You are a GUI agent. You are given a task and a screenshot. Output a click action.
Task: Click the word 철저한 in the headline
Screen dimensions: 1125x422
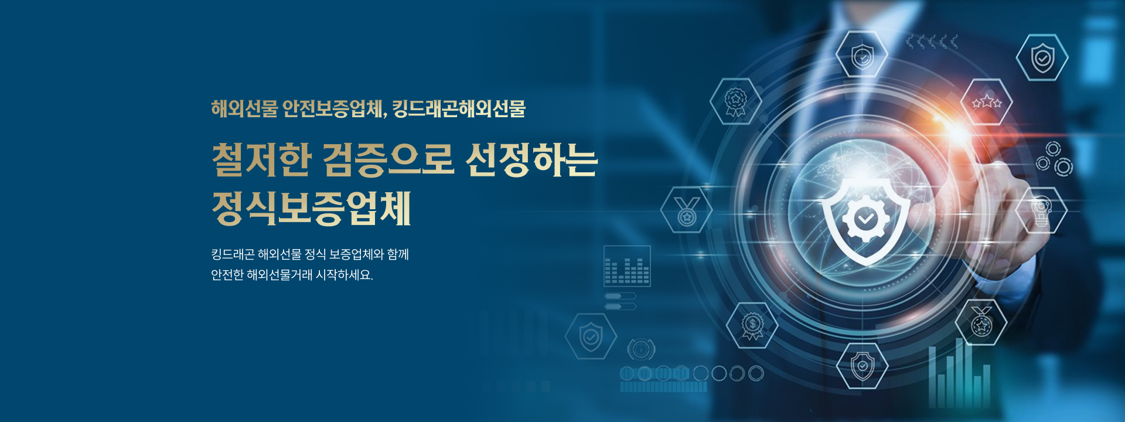click(x=261, y=159)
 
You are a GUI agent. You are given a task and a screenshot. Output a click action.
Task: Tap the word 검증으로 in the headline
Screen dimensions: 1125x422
click(x=388, y=159)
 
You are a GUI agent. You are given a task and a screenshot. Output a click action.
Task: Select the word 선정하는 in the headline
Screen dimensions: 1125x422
click(x=531, y=159)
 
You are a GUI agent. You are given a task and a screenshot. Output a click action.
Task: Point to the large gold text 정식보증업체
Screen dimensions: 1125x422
click(x=311, y=208)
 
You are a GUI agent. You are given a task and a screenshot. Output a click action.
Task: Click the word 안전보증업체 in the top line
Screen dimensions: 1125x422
click(x=335, y=109)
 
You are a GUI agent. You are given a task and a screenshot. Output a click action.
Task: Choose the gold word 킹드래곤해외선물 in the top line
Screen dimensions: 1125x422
click(x=459, y=109)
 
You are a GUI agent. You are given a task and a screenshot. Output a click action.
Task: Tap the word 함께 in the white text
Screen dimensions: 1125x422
click(x=398, y=254)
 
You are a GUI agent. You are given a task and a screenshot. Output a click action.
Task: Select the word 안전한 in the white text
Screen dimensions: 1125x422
click(x=227, y=274)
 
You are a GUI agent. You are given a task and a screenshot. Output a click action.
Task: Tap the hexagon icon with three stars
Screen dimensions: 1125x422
click(x=987, y=102)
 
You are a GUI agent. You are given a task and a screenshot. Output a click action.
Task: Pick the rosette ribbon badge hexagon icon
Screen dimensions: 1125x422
click(x=736, y=101)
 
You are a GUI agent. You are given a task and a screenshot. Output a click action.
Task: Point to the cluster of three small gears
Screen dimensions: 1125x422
click(x=1054, y=158)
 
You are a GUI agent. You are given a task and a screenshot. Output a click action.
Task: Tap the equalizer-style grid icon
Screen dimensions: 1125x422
click(x=627, y=266)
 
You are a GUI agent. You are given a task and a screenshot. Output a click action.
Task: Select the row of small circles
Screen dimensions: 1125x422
click(x=692, y=373)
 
